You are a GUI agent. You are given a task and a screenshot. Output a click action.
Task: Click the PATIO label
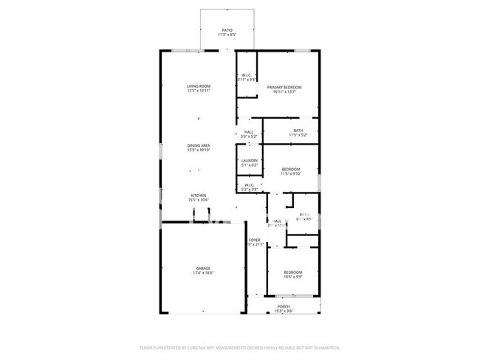(227, 30)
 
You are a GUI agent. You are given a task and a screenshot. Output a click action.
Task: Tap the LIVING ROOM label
(199, 86)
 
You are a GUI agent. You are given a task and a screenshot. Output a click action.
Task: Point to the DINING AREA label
(199, 146)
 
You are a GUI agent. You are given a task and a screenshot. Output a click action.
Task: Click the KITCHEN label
(199, 195)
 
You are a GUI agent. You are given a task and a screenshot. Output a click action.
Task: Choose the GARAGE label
(203, 268)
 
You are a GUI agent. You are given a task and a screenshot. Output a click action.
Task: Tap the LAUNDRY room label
(250, 160)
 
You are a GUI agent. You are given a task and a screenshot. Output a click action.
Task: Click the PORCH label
(284, 306)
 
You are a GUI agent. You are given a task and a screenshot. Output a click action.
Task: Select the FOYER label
(254, 240)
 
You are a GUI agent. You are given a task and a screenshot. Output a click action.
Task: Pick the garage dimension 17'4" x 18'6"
(203, 273)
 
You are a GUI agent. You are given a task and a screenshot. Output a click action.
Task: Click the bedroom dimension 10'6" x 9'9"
(293, 277)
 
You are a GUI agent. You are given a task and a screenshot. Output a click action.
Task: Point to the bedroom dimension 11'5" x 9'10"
(291, 175)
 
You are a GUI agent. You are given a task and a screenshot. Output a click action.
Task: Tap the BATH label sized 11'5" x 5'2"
(298, 131)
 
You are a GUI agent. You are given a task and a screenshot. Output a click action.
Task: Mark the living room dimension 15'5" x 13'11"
(199, 91)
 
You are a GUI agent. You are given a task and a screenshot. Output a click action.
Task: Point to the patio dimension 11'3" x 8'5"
(227, 35)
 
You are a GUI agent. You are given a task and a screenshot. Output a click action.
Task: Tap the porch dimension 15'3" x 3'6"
(284, 311)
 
